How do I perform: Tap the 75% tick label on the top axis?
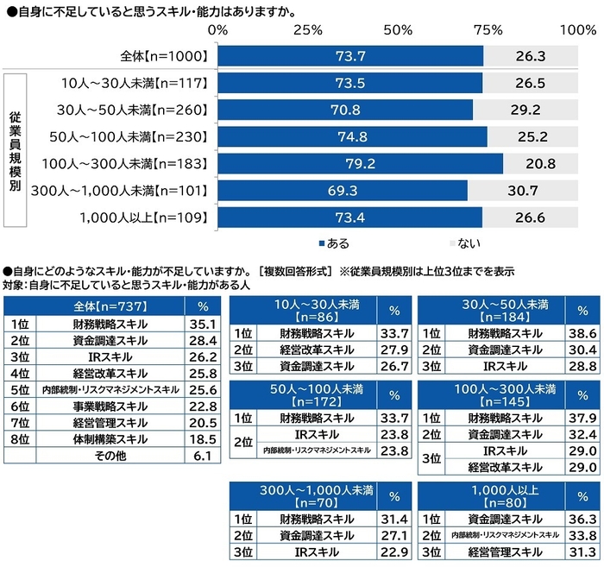(x=488, y=30)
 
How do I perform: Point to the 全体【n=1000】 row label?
(x=165, y=56)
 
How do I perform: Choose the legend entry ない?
(x=459, y=243)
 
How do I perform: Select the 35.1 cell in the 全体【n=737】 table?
(x=202, y=324)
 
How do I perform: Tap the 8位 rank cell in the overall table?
(x=20, y=439)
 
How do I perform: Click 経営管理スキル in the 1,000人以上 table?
(x=493, y=552)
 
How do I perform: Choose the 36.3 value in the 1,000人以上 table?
(x=582, y=520)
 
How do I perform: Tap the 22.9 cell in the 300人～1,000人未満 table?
(x=394, y=552)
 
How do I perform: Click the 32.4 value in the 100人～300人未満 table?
(x=582, y=435)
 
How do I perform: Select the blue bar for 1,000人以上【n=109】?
(x=349, y=217)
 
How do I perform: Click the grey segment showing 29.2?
(x=525, y=110)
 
